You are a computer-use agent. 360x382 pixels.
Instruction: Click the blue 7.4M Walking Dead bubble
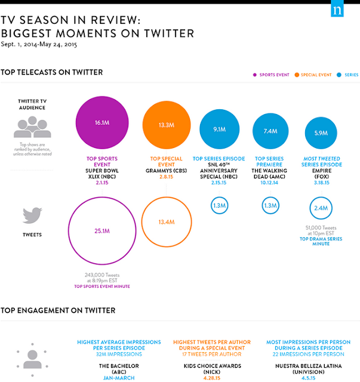(270, 131)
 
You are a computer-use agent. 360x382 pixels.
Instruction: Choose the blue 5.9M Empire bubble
(321, 133)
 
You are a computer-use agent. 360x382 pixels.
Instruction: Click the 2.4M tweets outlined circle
(321, 209)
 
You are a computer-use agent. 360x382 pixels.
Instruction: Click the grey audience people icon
(32, 125)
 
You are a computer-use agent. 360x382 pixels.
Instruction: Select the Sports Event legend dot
(254, 75)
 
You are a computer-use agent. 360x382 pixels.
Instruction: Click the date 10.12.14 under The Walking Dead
(270, 183)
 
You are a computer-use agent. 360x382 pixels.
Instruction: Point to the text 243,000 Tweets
(102, 275)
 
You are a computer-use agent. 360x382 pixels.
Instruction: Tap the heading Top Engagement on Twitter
(58, 310)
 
